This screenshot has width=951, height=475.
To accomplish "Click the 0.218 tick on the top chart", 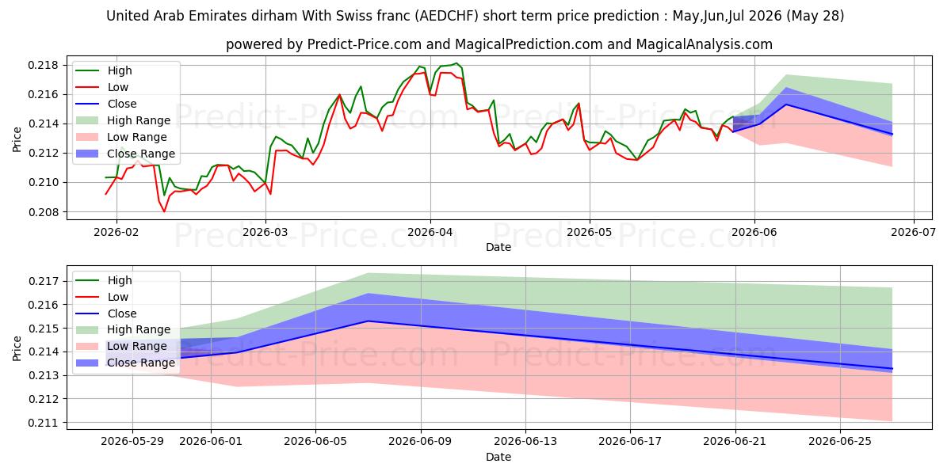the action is (43, 65).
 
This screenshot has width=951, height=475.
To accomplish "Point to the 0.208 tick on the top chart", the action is (43, 212).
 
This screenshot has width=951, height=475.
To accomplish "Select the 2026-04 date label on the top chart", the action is (430, 233).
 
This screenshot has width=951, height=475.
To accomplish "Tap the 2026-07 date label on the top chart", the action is (913, 233).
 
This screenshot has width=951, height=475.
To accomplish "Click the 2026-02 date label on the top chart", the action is (116, 233).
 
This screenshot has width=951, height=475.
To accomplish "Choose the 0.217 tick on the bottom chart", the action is (43, 281).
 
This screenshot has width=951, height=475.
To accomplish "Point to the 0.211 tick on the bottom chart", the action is (43, 423).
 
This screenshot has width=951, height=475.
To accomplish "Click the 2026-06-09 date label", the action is (421, 442).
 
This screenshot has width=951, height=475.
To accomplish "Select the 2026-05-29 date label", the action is (132, 442).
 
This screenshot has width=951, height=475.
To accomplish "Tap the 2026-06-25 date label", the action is (840, 442).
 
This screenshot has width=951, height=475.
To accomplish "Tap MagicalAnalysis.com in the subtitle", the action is (704, 44).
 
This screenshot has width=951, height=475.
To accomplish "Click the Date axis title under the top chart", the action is (498, 247).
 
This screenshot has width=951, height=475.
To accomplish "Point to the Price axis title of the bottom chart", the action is (17, 348).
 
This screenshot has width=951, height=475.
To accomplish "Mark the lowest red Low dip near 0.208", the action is (164, 211).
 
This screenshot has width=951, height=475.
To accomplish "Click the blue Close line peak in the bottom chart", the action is (368, 321).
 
